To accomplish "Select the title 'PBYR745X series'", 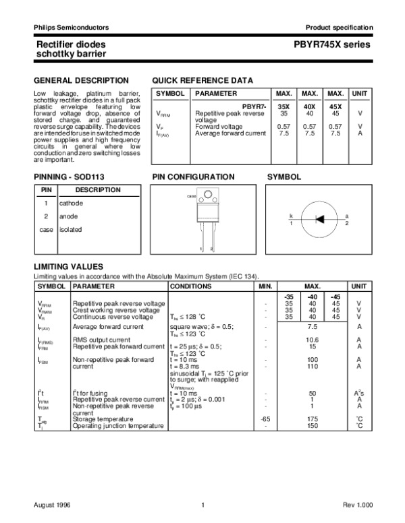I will tap(337, 44).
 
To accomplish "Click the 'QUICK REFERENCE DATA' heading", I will tap(203, 80).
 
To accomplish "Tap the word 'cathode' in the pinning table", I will tap(71, 202).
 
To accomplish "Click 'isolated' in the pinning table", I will tap(70, 229).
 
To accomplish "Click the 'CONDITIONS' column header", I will tap(192, 286).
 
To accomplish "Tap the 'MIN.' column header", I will tap(265, 286).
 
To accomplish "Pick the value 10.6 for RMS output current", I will tap(312, 340).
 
